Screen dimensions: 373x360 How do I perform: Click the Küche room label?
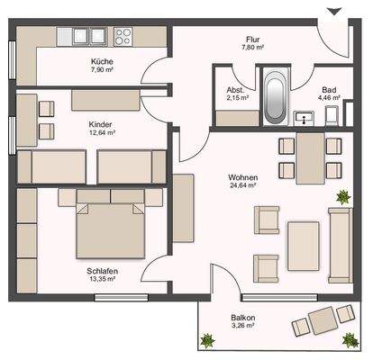point(102,61)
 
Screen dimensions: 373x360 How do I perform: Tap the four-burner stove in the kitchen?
point(123,37)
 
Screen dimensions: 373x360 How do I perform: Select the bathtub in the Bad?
point(275,97)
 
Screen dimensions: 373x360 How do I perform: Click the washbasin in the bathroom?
point(304,118)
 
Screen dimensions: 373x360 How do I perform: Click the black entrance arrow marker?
point(334,12)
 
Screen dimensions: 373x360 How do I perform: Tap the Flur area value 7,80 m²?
point(252,47)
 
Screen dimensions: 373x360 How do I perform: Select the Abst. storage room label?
point(235,90)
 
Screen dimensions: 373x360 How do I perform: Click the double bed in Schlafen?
point(111,229)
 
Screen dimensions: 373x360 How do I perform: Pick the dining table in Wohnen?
point(311,158)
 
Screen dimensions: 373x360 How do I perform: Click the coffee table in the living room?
point(304,246)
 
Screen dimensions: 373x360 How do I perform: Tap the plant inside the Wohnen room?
point(343,197)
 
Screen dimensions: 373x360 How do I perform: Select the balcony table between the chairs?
point(323,320)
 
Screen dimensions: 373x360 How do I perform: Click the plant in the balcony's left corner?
point(208,340)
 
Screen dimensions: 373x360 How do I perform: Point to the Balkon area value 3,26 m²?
point(243,326)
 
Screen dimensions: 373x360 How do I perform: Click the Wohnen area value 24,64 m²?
point(242,185)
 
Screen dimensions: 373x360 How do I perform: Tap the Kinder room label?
point(100,124)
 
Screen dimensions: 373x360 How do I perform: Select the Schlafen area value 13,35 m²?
point(102,279)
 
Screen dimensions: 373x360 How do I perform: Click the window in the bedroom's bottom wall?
point(122,297)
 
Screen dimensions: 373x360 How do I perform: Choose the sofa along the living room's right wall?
point(341,246)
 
